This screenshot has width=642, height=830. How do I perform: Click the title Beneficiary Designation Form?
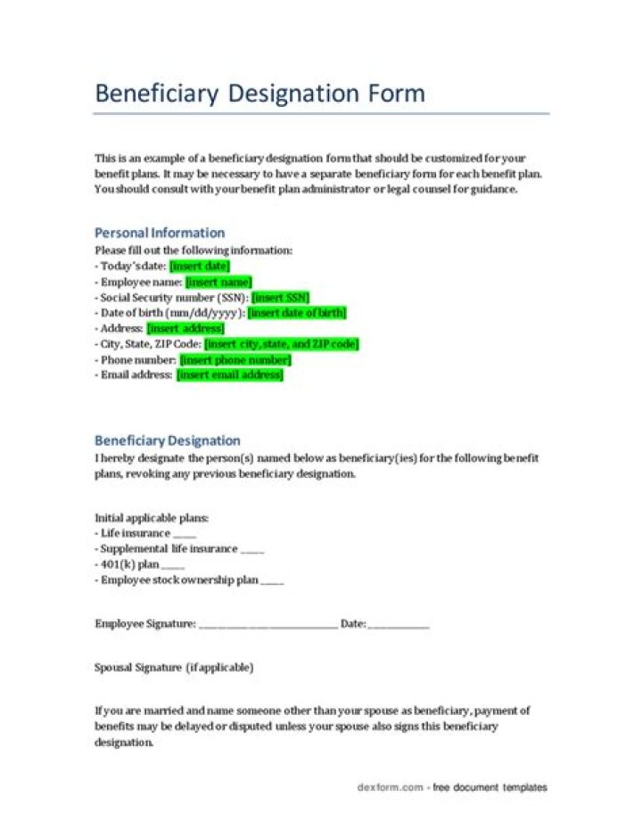pos(259,94)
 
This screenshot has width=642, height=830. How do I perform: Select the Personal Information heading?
pos(160,233)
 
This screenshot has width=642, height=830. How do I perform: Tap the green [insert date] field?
pos(200,266)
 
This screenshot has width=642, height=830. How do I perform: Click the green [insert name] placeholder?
pos(218,282)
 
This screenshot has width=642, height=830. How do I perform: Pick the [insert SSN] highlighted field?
pos(281,298)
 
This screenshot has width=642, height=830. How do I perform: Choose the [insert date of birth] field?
pos(297,313)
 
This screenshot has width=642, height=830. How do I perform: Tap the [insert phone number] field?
pos(235,360)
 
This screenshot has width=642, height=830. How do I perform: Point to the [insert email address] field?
pos(230,375)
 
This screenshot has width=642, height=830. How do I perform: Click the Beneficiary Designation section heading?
pos(168,440)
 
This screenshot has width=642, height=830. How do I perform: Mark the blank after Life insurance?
pos(185,534)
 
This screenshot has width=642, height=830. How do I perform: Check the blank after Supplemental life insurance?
pos(252,550)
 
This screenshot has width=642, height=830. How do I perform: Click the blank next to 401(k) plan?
pos(173,565)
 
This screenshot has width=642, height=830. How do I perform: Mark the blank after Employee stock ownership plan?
pos(272,581)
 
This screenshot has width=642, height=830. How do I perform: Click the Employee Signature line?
pos(267,625)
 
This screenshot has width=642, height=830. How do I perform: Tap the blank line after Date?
pos(399,625)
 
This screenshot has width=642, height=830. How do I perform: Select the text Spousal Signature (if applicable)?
pos(174,667)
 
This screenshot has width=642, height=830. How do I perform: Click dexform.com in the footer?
pos(390,788)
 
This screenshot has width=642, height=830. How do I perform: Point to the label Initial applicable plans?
pos(152,518)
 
